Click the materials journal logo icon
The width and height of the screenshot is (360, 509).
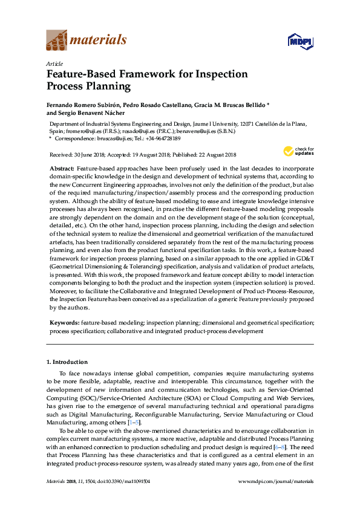click(57, 41)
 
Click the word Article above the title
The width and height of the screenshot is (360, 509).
click(54, 63)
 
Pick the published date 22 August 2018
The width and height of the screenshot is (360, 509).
click(213, 154)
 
